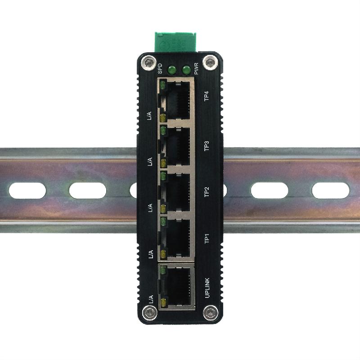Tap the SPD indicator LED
click(x=171, y=70)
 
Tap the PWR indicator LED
click(x=185, y=70)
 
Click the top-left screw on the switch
click(x=146, y=62)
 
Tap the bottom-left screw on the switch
click(x=147, y=311)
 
